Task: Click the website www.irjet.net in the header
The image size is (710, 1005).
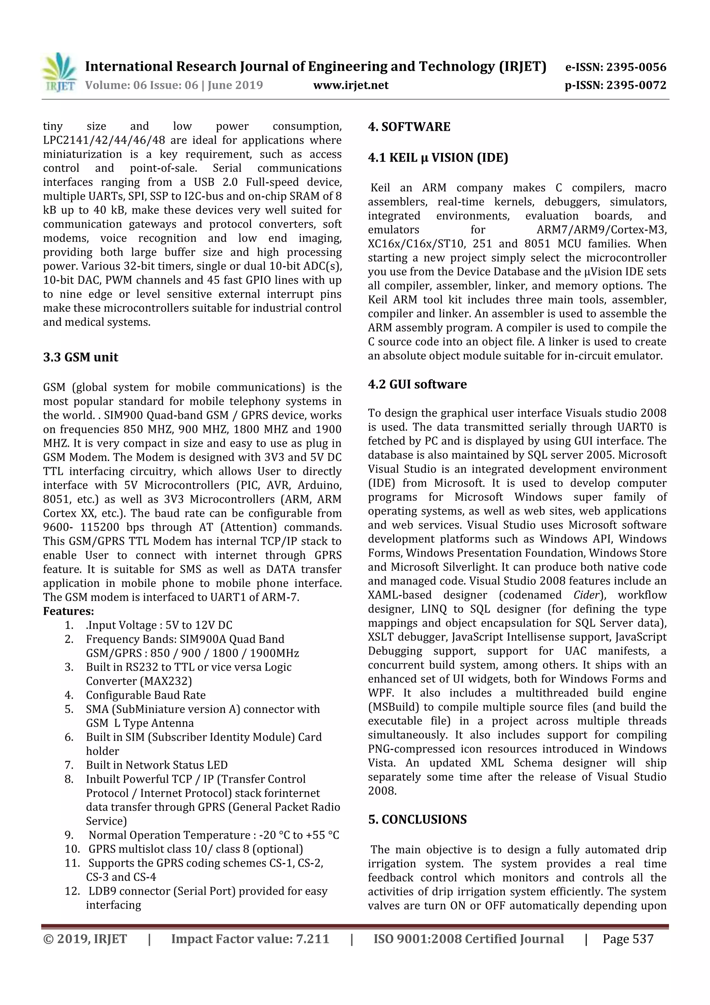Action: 350,85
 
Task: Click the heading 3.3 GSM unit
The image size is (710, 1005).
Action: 80,357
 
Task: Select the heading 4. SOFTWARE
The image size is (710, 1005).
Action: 409,127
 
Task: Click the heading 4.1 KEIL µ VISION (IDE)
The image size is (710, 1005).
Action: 438,157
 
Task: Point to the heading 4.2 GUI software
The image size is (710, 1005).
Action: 417,384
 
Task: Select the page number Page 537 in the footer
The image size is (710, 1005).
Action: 628,939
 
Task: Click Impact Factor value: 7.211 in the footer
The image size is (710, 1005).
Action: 250,939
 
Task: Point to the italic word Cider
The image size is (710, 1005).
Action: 587,595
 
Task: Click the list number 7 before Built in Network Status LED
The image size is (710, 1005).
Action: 69,765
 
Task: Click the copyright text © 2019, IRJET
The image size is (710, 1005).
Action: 85,939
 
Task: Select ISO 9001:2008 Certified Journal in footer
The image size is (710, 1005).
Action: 468,939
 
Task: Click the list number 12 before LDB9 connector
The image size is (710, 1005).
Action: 72,891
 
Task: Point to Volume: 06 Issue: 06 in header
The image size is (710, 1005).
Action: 142,85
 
